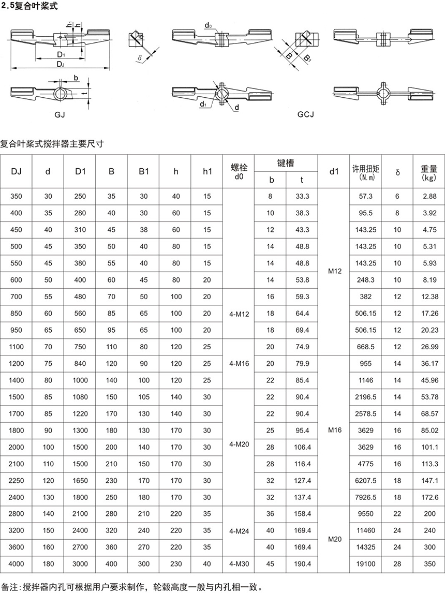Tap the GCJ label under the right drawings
point(306,114)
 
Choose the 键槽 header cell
point(286,163)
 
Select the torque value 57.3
point(366,197)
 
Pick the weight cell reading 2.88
point(429,197)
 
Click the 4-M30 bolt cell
point(238,564)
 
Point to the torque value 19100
point(366,564)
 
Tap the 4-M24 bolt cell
point(238,530)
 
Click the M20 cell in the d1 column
point(334,539)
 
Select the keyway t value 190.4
point(302,564)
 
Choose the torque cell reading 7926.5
point(366,497)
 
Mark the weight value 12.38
point(429,297)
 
